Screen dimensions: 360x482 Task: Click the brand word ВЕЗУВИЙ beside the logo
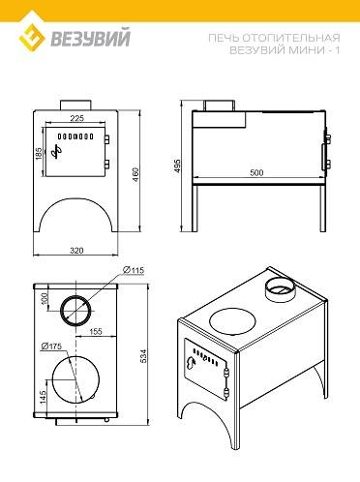pyautogui.click(x=91, y=38)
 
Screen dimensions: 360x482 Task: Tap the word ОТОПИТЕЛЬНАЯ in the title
pyautogui.click(x=290, y=38)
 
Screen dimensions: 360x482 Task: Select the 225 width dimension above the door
pyautogui.click(x=76, y=118)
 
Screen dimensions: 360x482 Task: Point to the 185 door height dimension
pyautogui.click(x=39, y=153)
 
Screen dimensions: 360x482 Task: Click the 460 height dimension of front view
pyautogui.click(x=135, y=174)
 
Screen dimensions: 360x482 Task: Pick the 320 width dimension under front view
pyautogui.click(x=76, y=250)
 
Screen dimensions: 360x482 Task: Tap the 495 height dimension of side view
pyautogui.click(x=177, y=166)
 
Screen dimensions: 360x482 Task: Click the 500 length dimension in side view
pyautogui.click(x=256, y=172)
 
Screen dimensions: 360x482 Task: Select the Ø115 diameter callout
pyautogui.click(x=134, y=270)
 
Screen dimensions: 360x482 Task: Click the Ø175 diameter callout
pyautogui.click(x=51, y=346)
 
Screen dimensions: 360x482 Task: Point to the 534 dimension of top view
pyautogui.click(x=143, y=355)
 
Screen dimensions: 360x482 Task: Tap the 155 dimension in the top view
pyautogui.click(x=96, y=331)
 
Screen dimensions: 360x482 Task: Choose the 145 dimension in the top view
pyautogui.click(x=43, y=397)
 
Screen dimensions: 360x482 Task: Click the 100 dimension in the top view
pyautogui.click(x=45, y=297)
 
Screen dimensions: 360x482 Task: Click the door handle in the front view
pyautogui.click(x=57, y=152)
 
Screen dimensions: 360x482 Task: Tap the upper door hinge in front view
pyautogui.click(x=106, y=138)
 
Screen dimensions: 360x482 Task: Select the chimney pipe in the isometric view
pyautogui.click(x=280, y=289)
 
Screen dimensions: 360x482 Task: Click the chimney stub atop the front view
pyautogui.click(x=76, y=105)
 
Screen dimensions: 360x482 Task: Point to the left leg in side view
pyautogui.click(x=195, y=208)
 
